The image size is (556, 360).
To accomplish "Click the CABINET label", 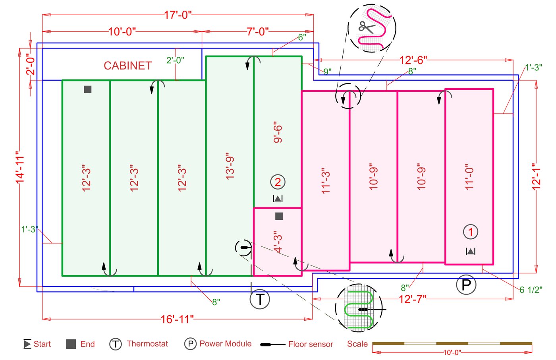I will tap(127, 66).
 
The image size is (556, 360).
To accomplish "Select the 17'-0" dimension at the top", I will tap(178, 15).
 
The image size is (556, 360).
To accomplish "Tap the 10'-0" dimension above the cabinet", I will tap(122, 31).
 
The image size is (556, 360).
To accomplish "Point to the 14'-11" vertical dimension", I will tap(20, 167).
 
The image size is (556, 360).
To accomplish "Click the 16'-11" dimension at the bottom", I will tap(177, 319).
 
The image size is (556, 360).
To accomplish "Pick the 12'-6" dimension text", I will tap(413, 60).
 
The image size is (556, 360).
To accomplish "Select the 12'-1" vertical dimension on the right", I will tap(537, 176).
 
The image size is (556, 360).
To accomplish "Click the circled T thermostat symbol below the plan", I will tap(260, 299).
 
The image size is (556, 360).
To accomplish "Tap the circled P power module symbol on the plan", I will tap(466, 285).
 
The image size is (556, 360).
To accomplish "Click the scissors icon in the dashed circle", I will tap(367, 27).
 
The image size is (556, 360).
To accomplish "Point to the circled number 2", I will tap(278, 182).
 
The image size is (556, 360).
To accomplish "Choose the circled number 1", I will tap(471, 232).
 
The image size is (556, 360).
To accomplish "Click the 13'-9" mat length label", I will tap(230, 166).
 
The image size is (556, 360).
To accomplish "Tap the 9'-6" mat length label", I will tap(278, 132).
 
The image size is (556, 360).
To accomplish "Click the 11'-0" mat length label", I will tap(469, 176).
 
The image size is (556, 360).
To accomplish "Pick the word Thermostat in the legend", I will tap(147, 344).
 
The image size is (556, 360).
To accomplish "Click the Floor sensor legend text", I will tap(311, 345).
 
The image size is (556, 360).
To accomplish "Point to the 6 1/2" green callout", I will tap(531, 290).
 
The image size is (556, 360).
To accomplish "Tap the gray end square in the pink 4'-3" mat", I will tap(279, 216).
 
